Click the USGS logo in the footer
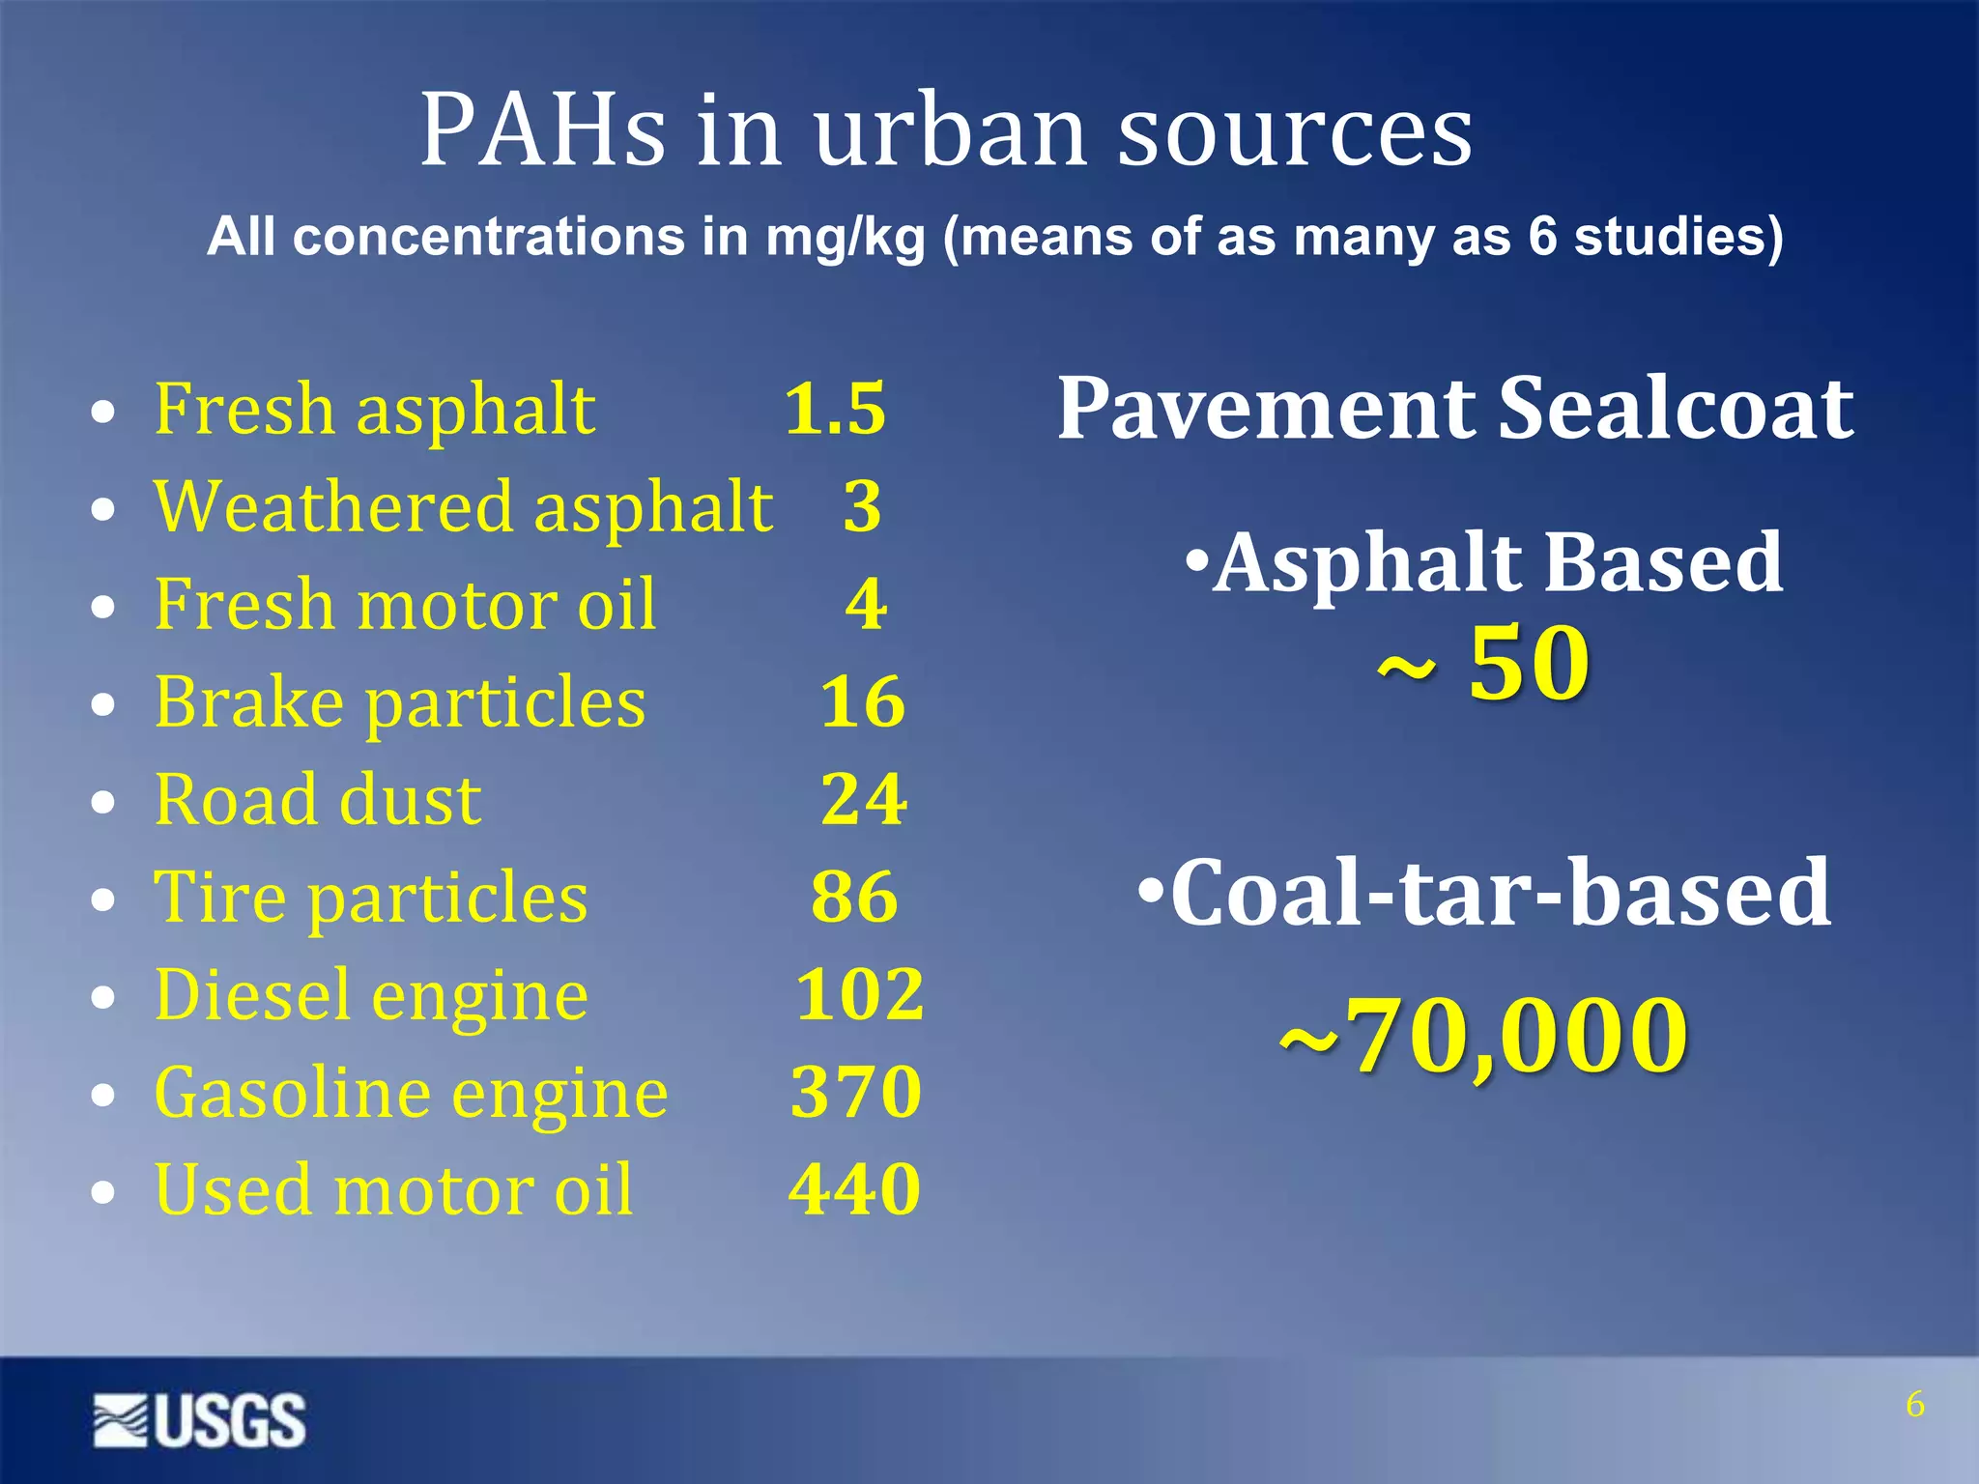(x=200, y=1420)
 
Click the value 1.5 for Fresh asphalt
(x=835, y=409)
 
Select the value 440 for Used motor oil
(x=855, y=1189)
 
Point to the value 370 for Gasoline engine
(x=856, y=1092)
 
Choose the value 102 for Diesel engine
(x=860, y=994)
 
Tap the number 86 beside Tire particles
(x=855, y=897)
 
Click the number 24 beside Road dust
(x=864, y=799)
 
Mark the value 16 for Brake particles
(x=863, y=701)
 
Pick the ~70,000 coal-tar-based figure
(x=1484, y=1036)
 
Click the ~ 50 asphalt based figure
(x=1484, y=664)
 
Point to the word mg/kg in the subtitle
(x=845, y=238)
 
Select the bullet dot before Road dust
(x=102, y=804)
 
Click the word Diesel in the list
(x=252, y=994)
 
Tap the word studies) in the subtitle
(x=1678, y=238)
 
